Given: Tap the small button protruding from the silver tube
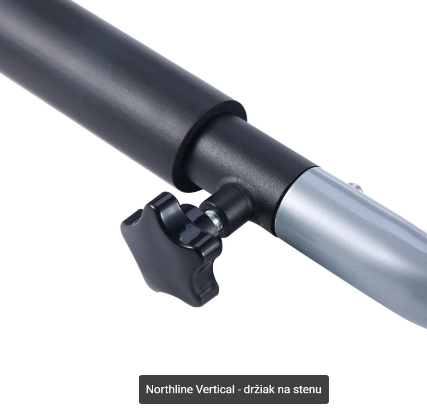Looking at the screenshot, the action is (x=354, y=187).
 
